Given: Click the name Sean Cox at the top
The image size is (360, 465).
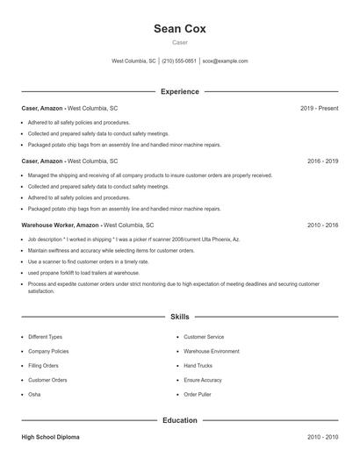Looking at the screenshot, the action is coord(179,28).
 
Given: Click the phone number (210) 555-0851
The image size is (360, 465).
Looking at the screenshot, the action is coord(179,61).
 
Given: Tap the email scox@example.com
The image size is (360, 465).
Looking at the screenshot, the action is coord(225,61).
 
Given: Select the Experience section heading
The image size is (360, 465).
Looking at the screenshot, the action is coord(179,91).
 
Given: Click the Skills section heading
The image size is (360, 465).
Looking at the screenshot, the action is coord(179,316).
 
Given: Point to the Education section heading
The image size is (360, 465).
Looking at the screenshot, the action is coord(179,420).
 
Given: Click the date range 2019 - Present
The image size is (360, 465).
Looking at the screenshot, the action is coord(319,108).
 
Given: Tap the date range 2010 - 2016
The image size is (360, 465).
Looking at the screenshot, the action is coord(322,225).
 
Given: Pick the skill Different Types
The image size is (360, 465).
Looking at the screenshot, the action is coord(45,337).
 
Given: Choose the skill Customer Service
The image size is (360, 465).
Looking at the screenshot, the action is coord(204,337).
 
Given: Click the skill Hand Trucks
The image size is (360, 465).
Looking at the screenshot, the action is coord(198,366).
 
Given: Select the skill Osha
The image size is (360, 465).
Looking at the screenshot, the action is coord(34,395).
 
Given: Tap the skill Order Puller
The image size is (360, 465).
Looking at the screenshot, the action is coord(198,395).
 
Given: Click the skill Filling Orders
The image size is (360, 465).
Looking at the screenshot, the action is coord(43,366).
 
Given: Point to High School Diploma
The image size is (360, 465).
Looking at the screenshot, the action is coord(52,436).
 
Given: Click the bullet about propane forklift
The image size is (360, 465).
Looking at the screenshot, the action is coord(83,273).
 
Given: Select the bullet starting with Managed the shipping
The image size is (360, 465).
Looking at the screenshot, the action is coord(149,175).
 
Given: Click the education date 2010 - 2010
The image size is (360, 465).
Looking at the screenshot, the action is coord(322,436).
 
